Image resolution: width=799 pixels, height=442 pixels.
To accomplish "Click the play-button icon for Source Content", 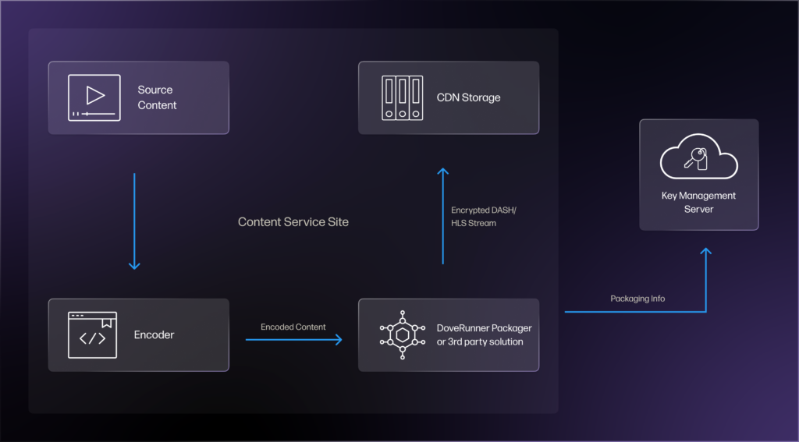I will (94, 97).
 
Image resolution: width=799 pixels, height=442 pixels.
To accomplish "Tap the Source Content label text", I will (157, 97).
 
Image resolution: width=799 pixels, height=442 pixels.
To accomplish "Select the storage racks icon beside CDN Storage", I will (402, 97).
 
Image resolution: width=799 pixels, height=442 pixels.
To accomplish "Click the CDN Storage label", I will (468, 97).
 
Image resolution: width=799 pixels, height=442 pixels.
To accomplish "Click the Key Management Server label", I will (698, 202).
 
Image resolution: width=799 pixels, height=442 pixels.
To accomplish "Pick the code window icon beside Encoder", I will (93, 335).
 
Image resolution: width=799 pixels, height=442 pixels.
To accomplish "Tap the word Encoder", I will (154, 335).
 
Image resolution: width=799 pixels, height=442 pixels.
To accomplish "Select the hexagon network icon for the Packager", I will (403, 335).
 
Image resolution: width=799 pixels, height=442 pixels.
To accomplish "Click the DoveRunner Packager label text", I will (480, 335).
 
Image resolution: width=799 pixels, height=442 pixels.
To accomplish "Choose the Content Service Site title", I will (293, 222).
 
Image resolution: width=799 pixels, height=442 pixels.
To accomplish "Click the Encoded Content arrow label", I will (293, 327).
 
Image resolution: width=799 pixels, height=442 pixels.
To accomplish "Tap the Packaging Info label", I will (637, 299).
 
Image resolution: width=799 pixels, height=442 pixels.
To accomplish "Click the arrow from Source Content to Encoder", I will (134, 222).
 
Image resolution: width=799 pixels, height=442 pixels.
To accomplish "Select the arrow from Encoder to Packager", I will (293, 340).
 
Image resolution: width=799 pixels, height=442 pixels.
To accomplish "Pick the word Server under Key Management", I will (698, 209).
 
